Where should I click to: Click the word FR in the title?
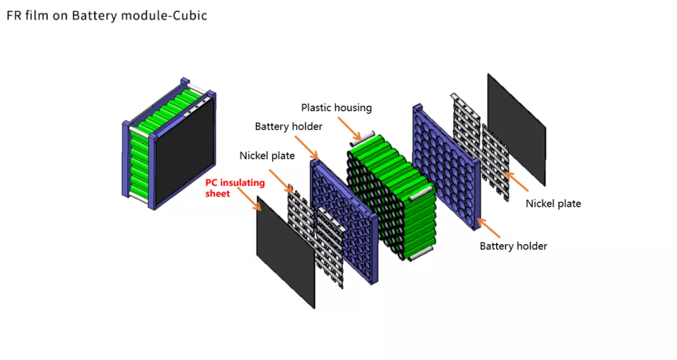pyautogui.click(x=14, y=16)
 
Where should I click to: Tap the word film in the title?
pyautogui.click(x=34, y=16)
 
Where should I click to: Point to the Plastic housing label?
pyautogui.click(x=336, y=108)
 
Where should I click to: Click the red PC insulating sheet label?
pyautogui.click(x=235, y=188)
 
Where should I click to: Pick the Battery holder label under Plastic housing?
pyautogui.click(x=288, y=127)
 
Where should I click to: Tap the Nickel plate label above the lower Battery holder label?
pyautogui.click(x=553, y=203)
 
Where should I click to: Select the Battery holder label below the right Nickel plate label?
pyautogui.click(x=513, y=246)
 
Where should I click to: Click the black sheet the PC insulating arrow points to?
pyautogui.click(x=285, y=251)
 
